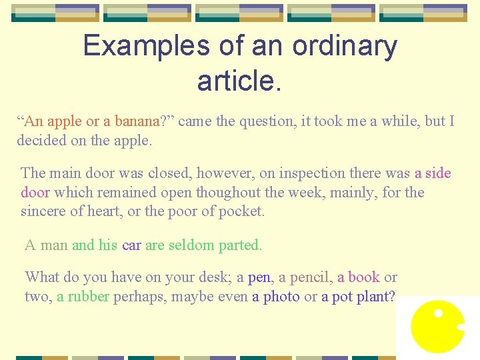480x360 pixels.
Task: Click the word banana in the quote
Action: point(137,121)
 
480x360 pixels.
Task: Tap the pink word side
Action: point(438,173)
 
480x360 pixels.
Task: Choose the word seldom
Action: point(191,245)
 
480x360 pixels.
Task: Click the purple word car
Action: point(131,245)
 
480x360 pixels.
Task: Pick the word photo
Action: point(281,297)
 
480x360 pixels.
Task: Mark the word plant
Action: point(375,297)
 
